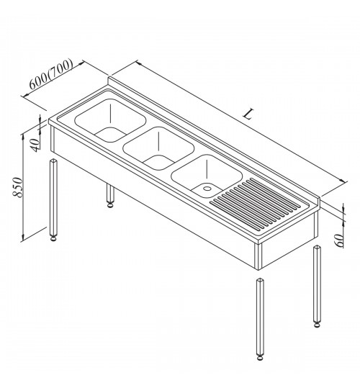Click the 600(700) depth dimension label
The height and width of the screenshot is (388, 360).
[x=51, y=74]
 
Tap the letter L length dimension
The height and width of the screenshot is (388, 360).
[x=248, y=114]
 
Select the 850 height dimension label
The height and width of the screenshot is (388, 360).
[x=18, y=187]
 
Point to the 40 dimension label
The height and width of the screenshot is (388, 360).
[x=35, y=145]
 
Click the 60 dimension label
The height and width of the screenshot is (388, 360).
[x=339, y=240]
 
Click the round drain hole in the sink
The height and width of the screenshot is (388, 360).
[x=207, y=189]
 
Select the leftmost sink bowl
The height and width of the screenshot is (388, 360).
[x=110, y=120]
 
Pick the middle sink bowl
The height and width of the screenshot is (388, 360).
[x=158, y=148]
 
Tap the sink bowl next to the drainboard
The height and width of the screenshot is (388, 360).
[x=207, y=176]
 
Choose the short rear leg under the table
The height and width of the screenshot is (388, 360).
[x=110, y=195]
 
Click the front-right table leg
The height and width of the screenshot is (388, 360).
[x=259, y=319]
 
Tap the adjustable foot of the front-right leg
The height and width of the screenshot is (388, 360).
[x=259, y=358]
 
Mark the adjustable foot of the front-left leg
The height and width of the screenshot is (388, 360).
[x=53, y=238]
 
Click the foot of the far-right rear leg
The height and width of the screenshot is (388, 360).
[x=317, y=325]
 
